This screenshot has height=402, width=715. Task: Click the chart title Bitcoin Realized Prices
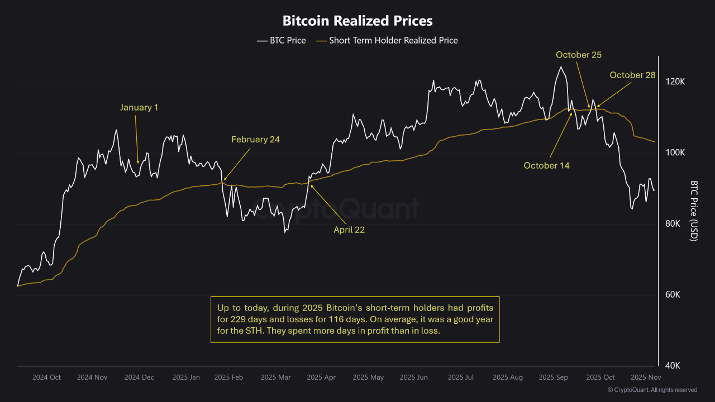[x=357, y=21]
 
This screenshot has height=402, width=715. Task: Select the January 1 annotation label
[x=139, y=107]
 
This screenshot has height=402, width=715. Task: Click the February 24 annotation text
[x=255, y=140]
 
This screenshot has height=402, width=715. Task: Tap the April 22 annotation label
[x=349, y=229]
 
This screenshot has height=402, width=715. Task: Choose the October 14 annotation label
[x=546, y=165]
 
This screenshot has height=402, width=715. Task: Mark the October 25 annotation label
[x=579, y=55]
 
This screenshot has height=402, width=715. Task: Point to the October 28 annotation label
[x=632, y=75]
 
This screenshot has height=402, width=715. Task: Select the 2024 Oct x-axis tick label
[x=46, y=377]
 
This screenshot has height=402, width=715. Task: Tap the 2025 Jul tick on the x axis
[x=461, y=377]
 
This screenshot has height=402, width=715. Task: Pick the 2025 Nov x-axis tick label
[x=646, y=377]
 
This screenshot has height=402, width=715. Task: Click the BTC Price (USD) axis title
[x=694, y=210]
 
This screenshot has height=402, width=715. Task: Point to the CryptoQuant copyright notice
[x=652, y=390]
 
